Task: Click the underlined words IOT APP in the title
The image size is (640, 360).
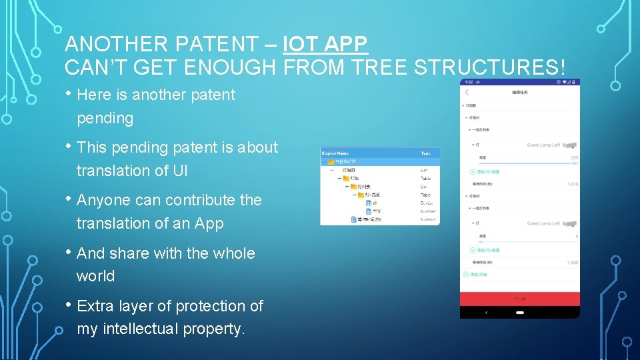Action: tap(325, 45)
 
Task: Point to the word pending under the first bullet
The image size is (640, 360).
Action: tap(105, 119)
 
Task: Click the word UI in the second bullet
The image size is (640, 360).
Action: tap(180, 171)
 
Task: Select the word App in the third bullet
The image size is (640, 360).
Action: tap(209, 223)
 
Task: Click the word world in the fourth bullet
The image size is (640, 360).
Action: tap(95, 276)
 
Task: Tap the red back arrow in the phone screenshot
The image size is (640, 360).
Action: tap(467, 92)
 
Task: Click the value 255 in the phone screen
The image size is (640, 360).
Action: tap(574, 158)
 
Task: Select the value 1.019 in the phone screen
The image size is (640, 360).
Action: tap(572, 184)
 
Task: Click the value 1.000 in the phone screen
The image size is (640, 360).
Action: tap(572, 263)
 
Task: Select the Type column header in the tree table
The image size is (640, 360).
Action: tap(425, 153)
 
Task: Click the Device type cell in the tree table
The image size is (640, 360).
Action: tap(427, 203)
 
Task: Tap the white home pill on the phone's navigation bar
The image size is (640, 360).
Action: tap(520, 312)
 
